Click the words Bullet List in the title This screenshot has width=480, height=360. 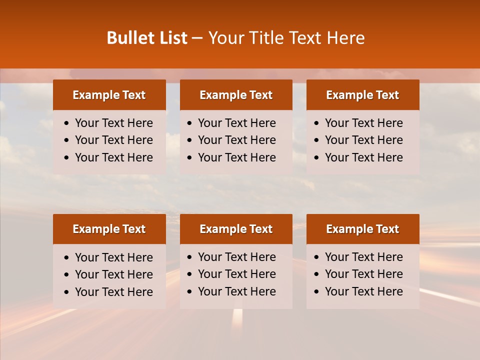click(147, 38)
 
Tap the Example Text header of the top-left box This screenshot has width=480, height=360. click(109, 95)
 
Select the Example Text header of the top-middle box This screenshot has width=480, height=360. click(236, 95)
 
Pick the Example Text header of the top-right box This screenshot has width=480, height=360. click(362, 95)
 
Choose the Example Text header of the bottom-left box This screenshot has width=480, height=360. click(109, 229)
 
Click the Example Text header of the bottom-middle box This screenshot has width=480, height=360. click(236, 229)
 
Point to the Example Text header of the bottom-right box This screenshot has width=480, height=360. click(362, 229)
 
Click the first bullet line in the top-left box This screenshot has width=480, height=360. click(113, 123)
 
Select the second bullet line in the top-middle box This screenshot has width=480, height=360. click(236, 140)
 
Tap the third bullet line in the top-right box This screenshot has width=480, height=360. click(363, 157)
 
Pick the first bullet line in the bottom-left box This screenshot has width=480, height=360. click(113, 257)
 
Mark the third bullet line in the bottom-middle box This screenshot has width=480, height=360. click(236, 291)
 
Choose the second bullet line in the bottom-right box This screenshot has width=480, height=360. click(363, 274)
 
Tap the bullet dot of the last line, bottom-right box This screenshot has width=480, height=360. click(317, 292)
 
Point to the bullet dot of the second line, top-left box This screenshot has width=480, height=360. click(67, 140)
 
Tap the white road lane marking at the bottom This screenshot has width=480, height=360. click(237, 317)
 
